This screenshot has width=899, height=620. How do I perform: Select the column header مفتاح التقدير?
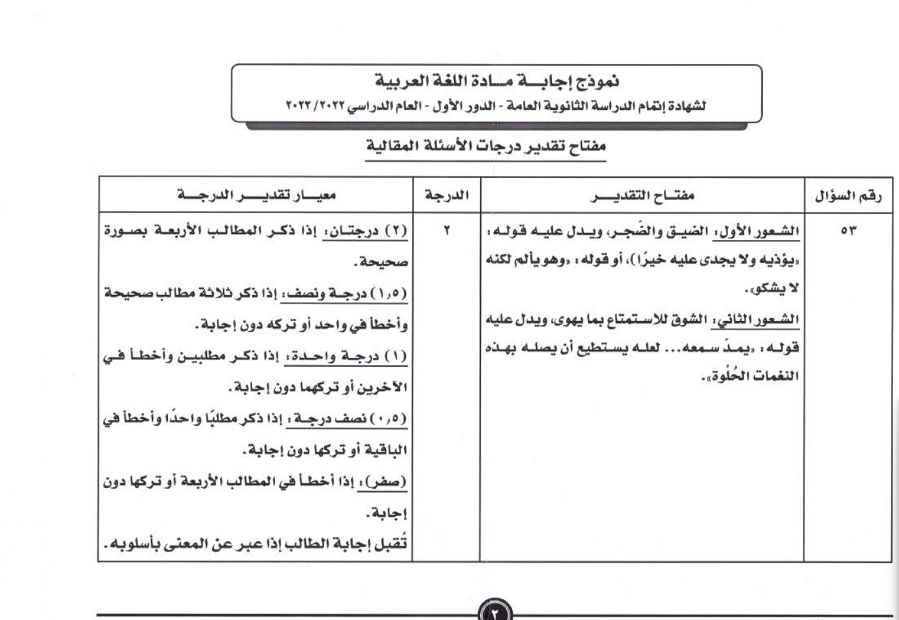642,196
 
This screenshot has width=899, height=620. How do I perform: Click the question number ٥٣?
849,231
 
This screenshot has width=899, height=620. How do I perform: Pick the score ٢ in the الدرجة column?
448,231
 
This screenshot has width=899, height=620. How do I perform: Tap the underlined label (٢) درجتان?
366,232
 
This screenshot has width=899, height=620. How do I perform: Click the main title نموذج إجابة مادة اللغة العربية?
497,82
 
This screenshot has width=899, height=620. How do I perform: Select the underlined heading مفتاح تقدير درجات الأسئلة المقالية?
486,145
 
